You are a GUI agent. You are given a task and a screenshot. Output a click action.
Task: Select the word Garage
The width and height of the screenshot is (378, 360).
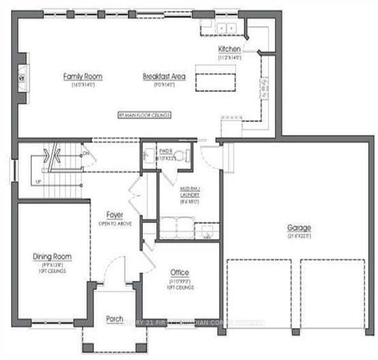click(299, 228)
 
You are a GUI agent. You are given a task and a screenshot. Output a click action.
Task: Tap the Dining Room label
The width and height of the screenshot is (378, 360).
click(52, 256)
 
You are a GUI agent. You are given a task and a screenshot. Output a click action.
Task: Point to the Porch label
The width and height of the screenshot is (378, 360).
click(114, 319)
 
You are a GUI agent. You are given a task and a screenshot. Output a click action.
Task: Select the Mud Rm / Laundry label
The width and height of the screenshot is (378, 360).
click(189, 194)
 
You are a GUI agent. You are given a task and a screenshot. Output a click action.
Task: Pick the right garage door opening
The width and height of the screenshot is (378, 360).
click(333, 293)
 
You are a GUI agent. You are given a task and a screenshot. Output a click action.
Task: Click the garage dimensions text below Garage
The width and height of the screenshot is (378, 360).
click(299, 236)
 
